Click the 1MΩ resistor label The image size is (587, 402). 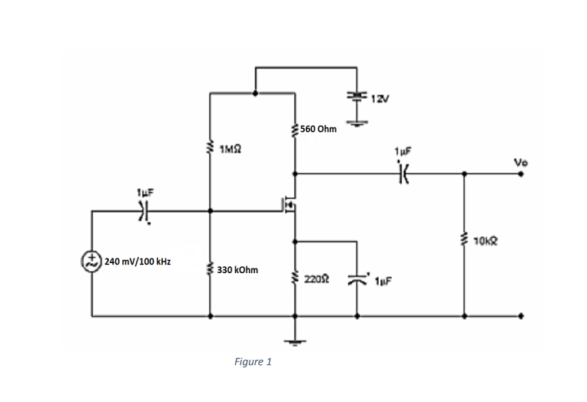point(231,147)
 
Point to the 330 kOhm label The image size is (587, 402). point(237,270)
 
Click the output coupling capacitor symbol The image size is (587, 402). point(402,174)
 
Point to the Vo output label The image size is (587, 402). point(521,162)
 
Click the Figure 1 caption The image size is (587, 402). point(252,361)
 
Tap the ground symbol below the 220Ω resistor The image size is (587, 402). point(295,342)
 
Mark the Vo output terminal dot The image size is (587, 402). point(522,174)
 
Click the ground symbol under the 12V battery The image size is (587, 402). point(357,120)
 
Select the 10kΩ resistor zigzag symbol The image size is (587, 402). point(464,243)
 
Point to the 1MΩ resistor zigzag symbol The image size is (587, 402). point(210,146)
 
